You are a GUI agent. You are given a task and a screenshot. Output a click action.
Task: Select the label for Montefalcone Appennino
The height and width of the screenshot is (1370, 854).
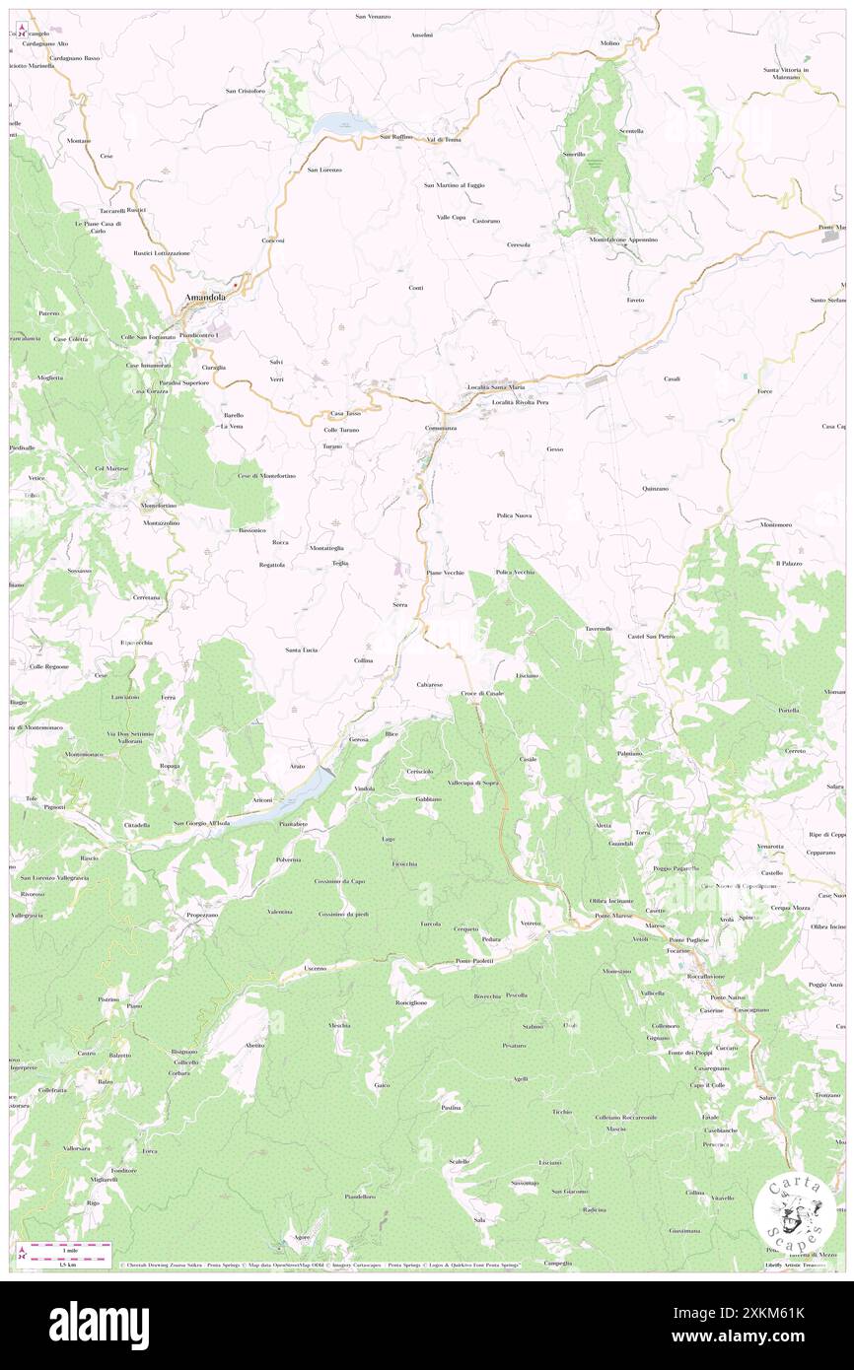point(623,240)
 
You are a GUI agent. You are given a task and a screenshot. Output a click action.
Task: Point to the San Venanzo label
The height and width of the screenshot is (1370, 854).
point(373,17)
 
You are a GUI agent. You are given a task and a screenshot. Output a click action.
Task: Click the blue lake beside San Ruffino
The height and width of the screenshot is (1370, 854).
point(342,124)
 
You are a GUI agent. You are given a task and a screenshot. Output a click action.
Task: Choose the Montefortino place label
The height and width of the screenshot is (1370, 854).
point(159,506)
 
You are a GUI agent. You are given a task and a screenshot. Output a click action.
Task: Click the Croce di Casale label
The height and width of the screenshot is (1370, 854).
point(482,694)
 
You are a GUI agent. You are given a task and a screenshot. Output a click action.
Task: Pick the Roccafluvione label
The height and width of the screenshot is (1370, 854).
point(706,976)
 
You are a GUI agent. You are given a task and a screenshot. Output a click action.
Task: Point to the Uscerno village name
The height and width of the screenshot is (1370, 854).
point(316,968)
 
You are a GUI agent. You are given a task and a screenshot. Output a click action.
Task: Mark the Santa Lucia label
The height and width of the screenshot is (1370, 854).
point(301,650)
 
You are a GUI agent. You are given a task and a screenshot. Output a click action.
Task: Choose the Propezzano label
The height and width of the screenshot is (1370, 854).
point(201,915)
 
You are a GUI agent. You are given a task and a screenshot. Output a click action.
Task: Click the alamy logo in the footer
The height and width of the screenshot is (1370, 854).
point(99,1324)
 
